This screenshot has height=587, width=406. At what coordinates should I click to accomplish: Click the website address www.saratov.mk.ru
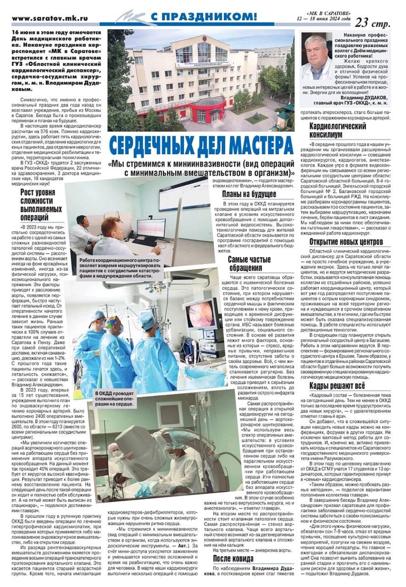(49, 19)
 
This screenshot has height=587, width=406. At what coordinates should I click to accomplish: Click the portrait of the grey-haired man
(317, 56)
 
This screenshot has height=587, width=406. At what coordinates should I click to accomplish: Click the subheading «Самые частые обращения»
(249, 264)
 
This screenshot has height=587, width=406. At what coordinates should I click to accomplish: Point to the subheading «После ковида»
(233, 559)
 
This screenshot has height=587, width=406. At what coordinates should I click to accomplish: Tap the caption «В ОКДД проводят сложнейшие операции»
(115, 398)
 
